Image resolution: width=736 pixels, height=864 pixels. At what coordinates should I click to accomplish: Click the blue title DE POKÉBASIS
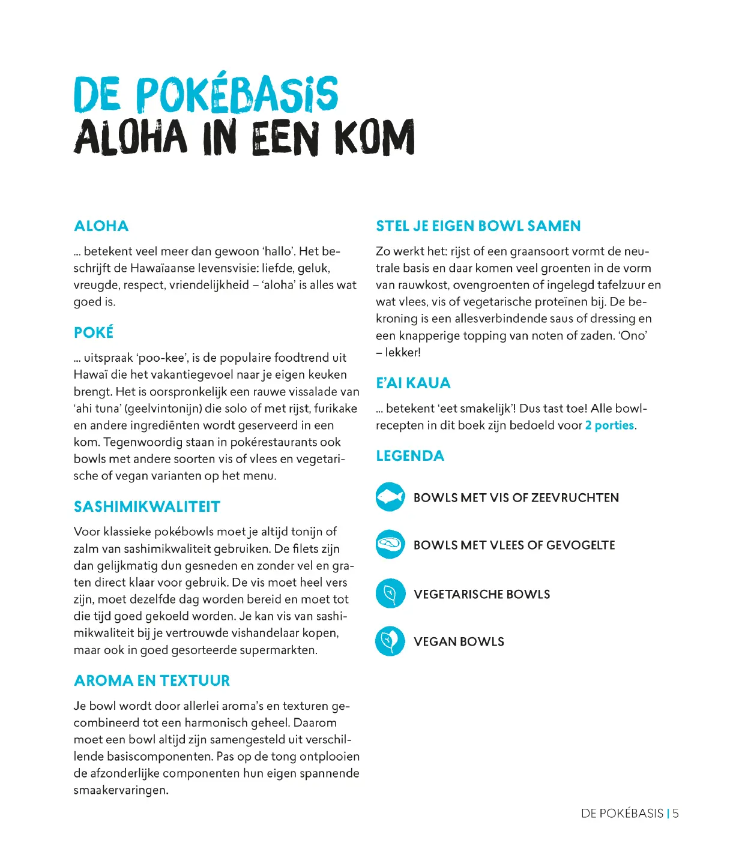point(205,94)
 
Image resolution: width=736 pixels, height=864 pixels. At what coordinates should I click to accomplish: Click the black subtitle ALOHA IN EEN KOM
point(244,137)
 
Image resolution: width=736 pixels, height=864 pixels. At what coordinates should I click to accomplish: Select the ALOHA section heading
point(101,226)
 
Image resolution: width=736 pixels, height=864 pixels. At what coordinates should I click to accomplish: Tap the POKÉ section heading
point(94,332)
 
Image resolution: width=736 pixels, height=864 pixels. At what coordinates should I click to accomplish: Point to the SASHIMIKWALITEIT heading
point(147,506)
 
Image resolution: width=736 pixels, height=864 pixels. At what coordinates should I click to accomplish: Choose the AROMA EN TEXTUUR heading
point(152,680)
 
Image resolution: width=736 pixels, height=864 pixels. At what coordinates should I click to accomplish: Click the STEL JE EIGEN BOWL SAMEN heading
point(478,226)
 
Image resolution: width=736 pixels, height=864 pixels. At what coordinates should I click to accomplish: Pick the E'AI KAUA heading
point(413,383)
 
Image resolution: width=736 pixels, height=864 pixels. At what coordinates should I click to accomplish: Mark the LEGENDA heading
point(410,456)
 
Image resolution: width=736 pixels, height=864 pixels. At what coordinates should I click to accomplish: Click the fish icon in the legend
point(390,497)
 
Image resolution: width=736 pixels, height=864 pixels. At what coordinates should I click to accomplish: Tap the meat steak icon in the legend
point(390,545)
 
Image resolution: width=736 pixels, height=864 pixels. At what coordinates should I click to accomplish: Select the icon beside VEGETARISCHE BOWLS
point(390,593)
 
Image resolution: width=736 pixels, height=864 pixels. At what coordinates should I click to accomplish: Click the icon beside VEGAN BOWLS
point(390,641)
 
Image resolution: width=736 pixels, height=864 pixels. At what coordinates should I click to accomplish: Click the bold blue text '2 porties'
point(609,425)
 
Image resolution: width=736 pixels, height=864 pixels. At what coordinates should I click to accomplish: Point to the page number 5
point(675,814)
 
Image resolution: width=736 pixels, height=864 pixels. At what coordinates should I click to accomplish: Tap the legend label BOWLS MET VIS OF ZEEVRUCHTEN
point(516,497)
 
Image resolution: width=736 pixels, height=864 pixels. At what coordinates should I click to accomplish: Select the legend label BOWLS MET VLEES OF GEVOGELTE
point(514,545)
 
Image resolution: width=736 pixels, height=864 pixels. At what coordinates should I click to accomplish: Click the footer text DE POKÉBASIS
point(622,814)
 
